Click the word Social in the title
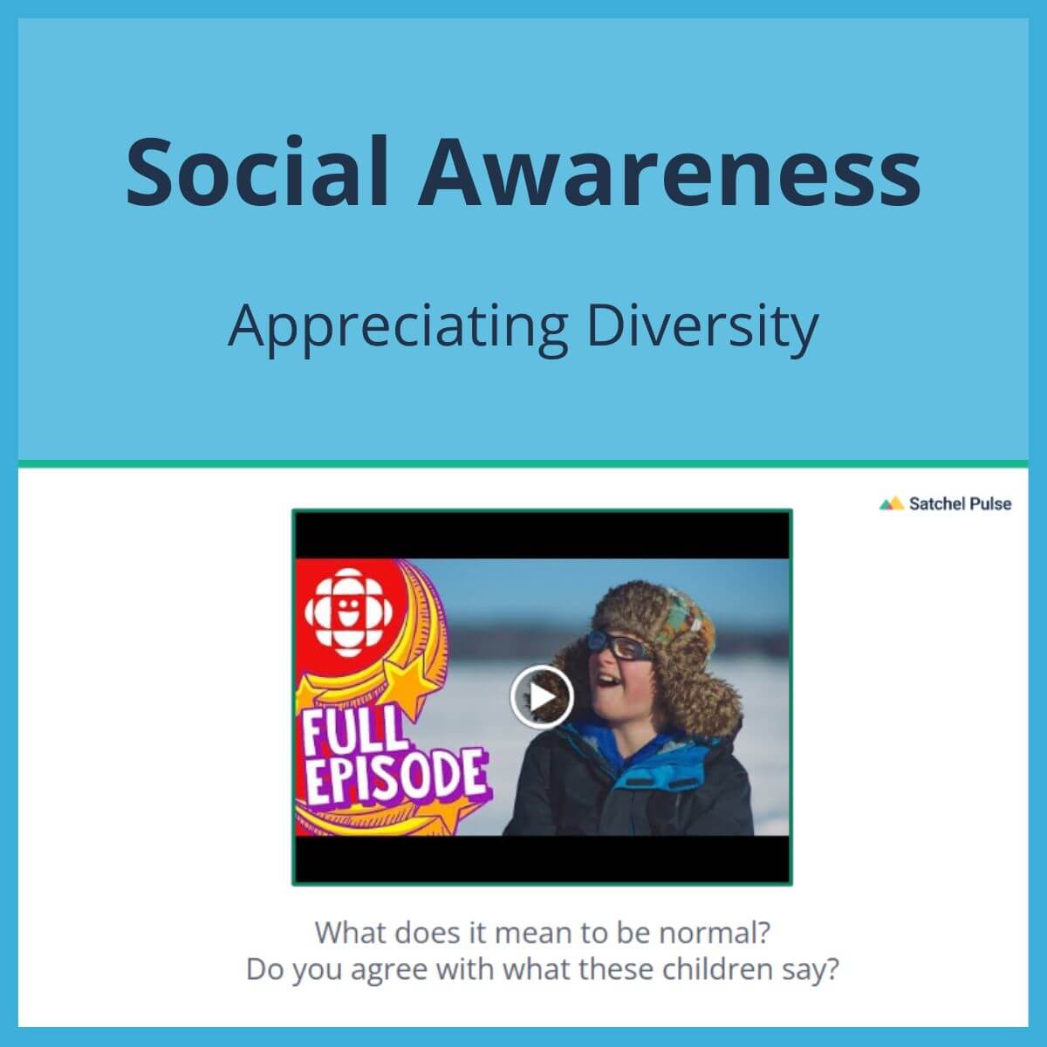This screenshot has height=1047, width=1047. (257, 171)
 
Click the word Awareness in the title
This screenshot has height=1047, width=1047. (669, 171)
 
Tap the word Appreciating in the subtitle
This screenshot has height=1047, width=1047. (398, 329)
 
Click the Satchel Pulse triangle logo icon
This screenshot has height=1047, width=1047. (891, 503)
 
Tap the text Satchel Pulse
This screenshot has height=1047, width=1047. (960, 503)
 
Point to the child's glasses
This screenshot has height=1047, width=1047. (619, 646)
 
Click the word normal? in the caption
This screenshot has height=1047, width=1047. (715, 933)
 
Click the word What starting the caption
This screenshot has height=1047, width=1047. (351, 933)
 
